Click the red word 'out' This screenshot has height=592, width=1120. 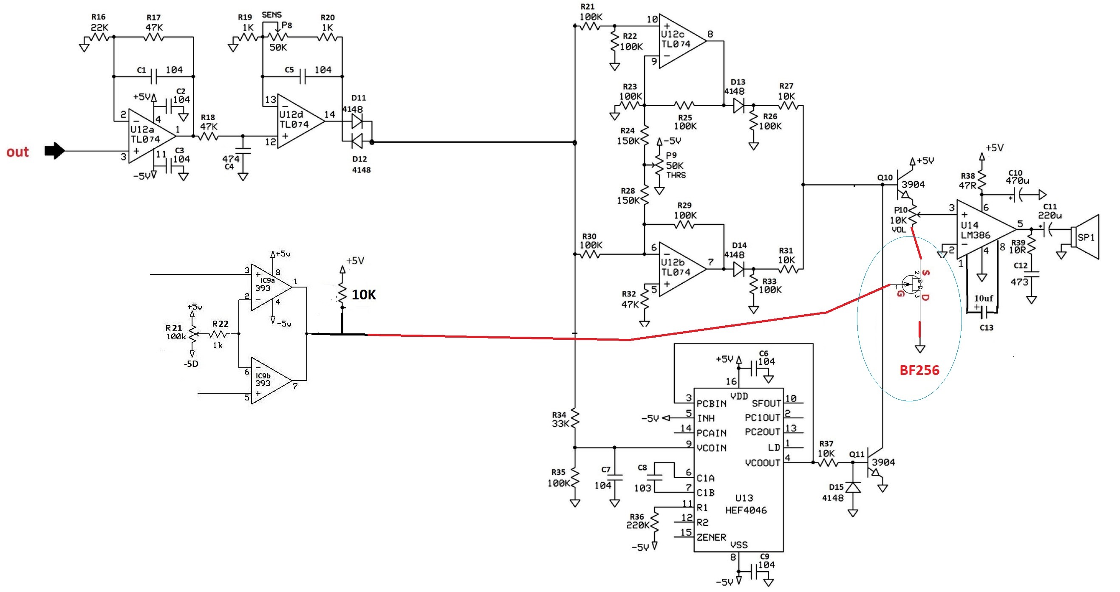17,152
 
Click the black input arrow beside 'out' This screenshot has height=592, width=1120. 55,151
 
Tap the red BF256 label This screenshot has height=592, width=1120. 919,370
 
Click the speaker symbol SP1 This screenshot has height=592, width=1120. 1085,237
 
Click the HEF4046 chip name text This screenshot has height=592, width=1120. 746,510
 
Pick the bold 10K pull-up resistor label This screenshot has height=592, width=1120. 363,295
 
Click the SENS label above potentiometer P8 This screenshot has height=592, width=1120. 272,15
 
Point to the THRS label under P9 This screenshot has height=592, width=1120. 676,175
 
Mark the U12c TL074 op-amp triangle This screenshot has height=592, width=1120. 683,41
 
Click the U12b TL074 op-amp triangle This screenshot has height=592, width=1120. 683,269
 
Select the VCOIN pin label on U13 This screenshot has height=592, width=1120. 711,448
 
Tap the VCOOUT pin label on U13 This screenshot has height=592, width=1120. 763,463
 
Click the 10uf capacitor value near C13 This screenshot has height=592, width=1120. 984,298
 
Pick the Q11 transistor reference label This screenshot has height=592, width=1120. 857,454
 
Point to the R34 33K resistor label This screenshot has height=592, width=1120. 559,420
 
